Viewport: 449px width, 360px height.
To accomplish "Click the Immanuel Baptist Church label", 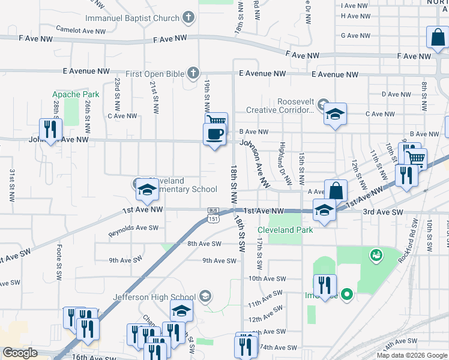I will (x=132, y=19).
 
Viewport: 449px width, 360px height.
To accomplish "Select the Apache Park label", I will (x=76, y=94).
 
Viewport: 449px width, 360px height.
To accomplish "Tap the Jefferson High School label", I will (x=154, y=297).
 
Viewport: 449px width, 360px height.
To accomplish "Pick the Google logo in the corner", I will (x=20, y=353).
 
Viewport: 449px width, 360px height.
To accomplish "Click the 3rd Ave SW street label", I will (x=383, y=212).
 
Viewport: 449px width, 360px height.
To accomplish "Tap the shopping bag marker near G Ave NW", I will (x=437, y=38).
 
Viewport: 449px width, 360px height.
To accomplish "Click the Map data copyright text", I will (x=412, y=355).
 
